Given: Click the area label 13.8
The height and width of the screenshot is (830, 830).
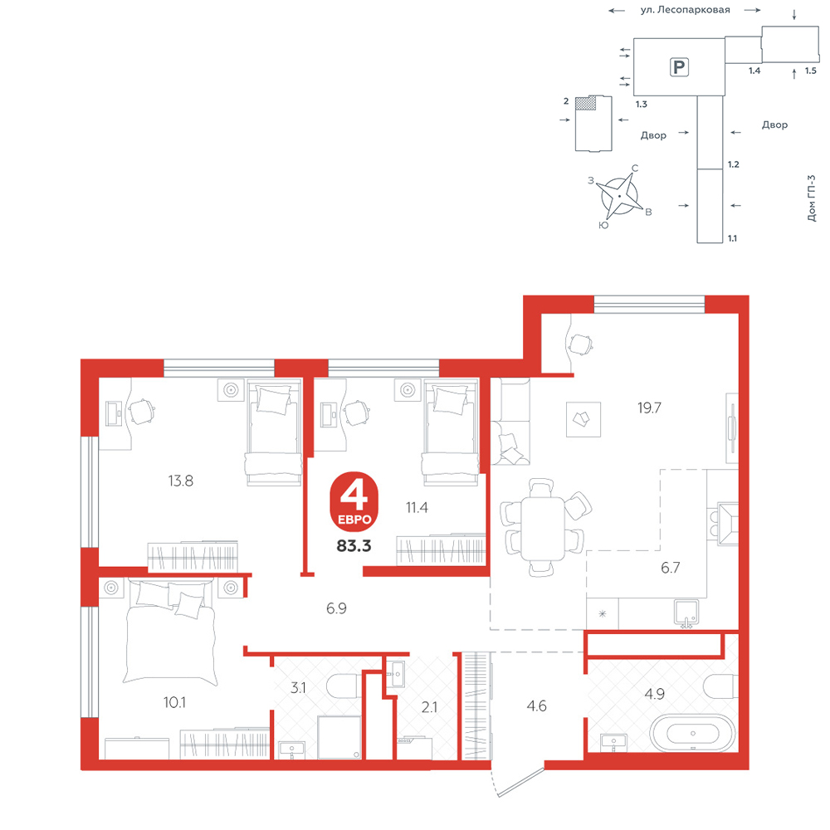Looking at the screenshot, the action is click(180, 481).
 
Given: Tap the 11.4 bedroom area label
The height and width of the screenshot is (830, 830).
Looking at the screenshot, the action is click(417, 508).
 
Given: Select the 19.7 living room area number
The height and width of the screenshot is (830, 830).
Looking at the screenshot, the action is click(649, 408).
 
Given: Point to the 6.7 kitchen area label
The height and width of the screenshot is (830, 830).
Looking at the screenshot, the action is click(670, 568).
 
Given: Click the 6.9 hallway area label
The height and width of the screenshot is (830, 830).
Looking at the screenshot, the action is click(336, 608).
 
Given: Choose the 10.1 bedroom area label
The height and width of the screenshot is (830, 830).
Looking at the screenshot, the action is click(174, 702).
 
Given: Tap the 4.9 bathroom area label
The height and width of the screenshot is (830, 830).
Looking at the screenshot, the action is click(654, 693).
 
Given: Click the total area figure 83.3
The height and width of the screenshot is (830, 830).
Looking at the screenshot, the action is click(354, 545).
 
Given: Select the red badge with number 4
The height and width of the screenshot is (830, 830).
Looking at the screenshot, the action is click(354, 501).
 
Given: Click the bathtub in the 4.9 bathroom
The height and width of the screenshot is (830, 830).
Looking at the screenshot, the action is click(693, 733).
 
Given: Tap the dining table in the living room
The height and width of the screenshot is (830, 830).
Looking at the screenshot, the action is click(543, 529).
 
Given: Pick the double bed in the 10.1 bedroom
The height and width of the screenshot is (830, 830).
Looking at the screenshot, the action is click(170, 632).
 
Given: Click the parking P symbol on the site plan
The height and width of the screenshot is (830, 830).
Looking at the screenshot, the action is click(679, 67).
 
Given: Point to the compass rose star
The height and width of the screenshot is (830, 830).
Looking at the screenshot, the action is click(619, 196).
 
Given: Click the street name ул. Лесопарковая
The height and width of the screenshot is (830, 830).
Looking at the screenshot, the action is click(685, 9).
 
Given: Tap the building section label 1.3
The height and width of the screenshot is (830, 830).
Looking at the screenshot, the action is click(642, 105).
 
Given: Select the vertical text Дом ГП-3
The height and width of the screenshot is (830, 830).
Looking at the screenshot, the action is click(812, 198).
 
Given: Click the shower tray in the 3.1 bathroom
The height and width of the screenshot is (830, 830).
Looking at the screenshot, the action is click(339, 737).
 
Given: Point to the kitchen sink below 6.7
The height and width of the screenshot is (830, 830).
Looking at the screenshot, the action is click(686, 613).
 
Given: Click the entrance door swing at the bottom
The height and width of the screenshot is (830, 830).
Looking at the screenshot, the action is click(519, 779).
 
